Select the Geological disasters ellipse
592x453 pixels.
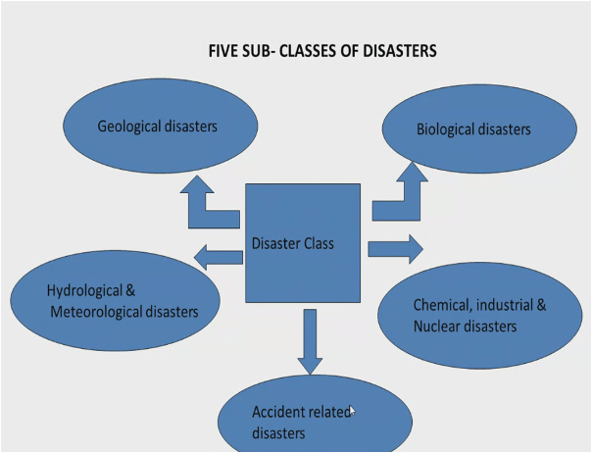point(160,126)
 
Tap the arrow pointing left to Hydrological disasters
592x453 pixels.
point(218,258)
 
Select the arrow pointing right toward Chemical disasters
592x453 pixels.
point(396,248)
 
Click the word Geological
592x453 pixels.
point(130,126)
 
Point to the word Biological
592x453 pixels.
point(446,129)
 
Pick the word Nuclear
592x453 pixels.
point(438,327)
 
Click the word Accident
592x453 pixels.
point(277,412)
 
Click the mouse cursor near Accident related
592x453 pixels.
point(351,412)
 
